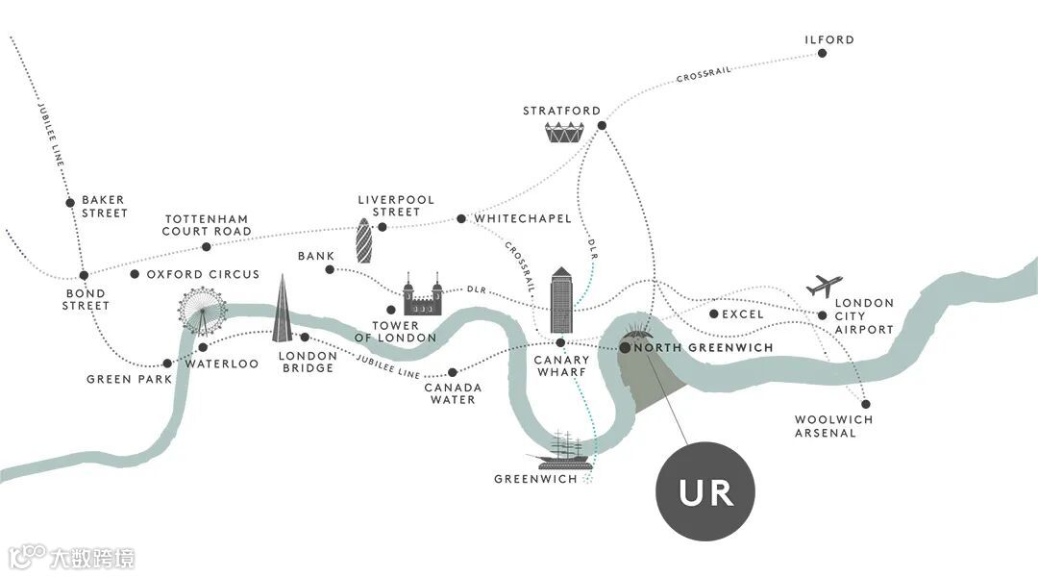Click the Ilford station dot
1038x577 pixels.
(823, 54)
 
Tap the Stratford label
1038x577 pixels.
(561, 111)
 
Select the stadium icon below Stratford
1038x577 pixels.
(564, 134)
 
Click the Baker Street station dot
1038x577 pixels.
(70, 202)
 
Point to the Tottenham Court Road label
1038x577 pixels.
(207, 225)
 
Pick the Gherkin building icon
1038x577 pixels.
(365, 240)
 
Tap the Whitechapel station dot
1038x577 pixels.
(461, 219)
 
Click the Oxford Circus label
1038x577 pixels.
(203, 274)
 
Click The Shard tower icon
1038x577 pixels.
(282, 310)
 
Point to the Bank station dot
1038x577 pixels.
(330, 269)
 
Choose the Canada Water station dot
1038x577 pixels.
(453, 372)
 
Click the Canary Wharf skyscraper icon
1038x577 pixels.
(561, 301)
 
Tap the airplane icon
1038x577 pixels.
(824, 286)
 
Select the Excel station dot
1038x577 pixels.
(713, 314)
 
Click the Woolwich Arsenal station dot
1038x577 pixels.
(865, 404)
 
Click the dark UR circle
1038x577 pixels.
(704, 492)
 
